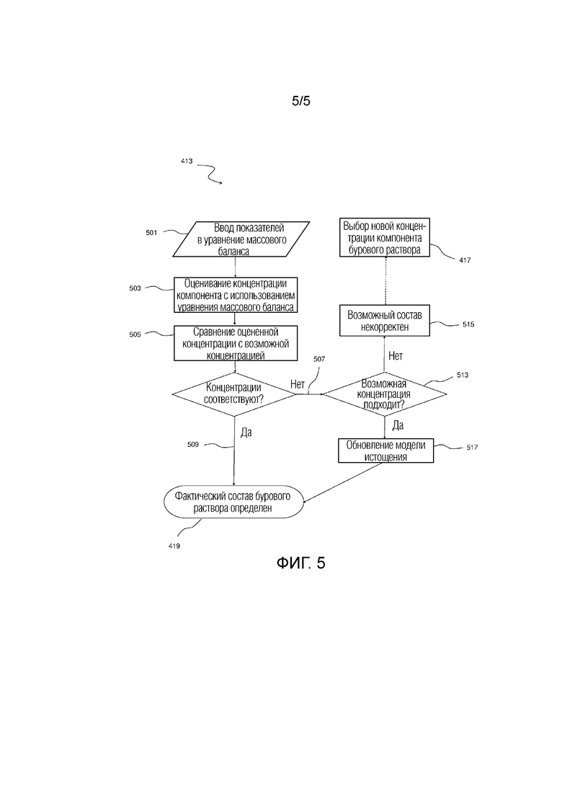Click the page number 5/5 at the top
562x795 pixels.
tap(300, 101)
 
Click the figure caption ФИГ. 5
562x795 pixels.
tap(300, 563)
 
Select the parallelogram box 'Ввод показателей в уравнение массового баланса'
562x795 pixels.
tap(241, 239)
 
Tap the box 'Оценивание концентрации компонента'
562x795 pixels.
tap(235, 295)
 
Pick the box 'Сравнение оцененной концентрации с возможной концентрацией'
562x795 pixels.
tap(235, 343)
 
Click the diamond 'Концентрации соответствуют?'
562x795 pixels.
tap(233, 394)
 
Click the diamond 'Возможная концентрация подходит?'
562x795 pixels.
tap(385, 394)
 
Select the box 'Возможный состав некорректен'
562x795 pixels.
tap(384, 321)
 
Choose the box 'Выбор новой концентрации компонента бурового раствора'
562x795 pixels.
tap(384, 238)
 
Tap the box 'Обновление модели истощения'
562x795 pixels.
tap(385, 450)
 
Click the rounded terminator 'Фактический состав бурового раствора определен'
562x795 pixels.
tap(233, 502)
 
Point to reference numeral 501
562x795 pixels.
tap(151, 233)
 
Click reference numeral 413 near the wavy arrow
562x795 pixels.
tap(187, 161)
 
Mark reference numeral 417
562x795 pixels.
tap(465, 260)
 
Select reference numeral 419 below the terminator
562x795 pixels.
tap(174, 546)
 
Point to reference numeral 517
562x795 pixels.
tap(472, 447)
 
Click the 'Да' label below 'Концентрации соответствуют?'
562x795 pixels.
tap(246, 432)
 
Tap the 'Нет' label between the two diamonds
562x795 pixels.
tap(298, 384)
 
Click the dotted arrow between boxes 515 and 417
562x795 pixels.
tap(385, 280)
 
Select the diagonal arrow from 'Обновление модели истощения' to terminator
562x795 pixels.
tap(342, 483)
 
